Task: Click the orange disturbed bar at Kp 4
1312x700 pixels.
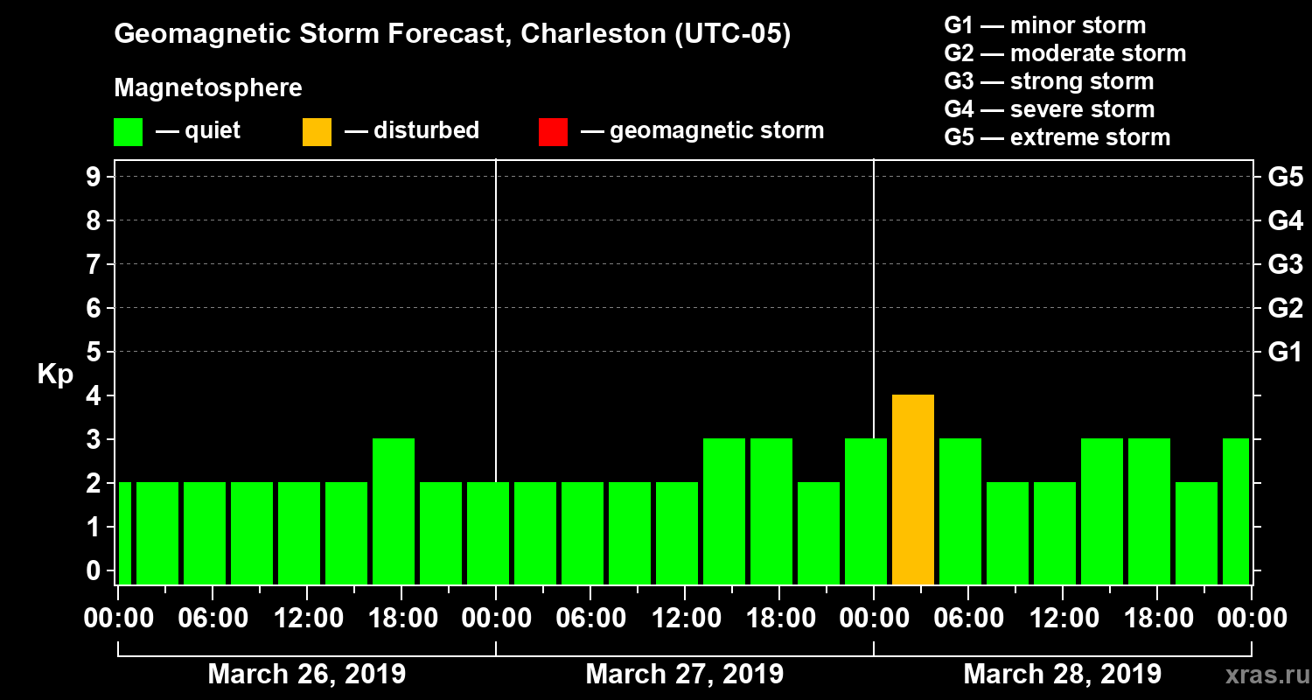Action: click(913, 489)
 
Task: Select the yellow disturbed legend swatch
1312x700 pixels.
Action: click(317, 131)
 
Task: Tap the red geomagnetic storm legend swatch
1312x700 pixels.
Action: click(553, 131)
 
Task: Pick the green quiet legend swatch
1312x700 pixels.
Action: click(128, 131)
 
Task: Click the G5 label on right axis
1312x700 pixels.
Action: click(1285, 177)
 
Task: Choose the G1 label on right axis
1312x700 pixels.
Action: click(1285, 353)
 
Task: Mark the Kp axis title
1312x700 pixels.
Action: click(55, 374)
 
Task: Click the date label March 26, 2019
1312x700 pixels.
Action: click(306, 675)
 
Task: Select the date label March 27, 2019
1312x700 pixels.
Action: click(684, 675)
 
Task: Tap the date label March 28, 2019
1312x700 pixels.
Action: click(1062, 675)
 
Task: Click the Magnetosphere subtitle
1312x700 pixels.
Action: click(208, 88)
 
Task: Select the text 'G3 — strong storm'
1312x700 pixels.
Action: click(1049, 81)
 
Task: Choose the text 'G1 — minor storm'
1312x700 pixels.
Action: click(1044, 25)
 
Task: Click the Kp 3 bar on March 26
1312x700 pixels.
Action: click(394, 511)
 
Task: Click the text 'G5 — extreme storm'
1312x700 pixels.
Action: click(1057, 137)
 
